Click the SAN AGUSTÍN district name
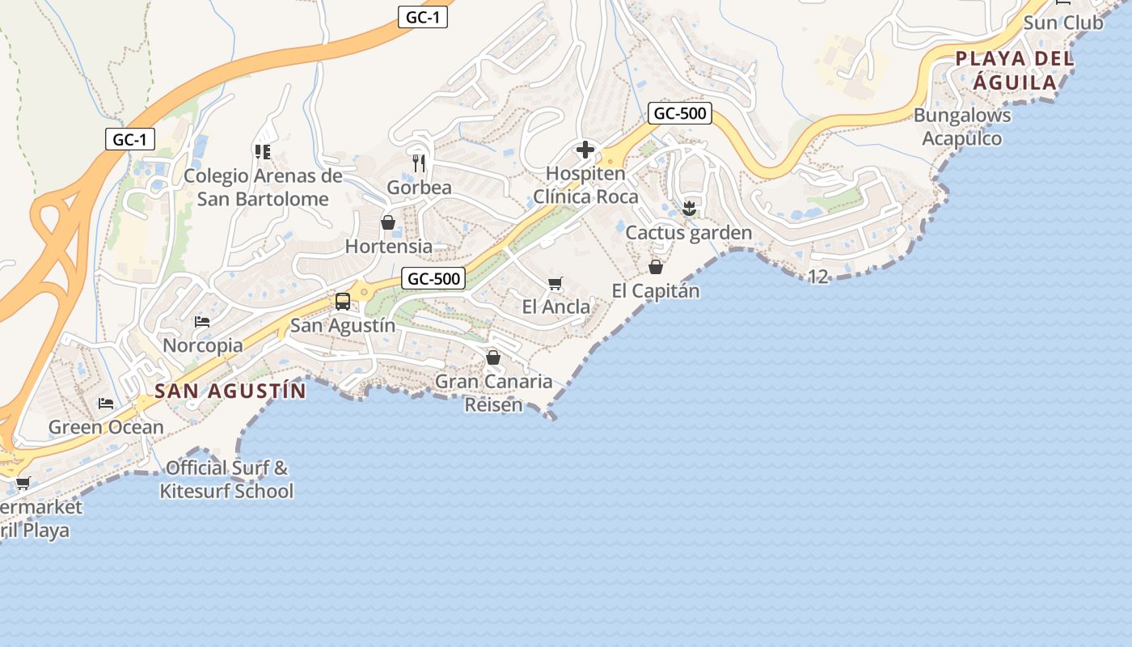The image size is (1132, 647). pos(230,391)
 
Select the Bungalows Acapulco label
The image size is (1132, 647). pos(962,127)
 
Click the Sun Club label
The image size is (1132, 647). pos(1062,23)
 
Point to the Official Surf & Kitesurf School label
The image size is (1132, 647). pos(226,480)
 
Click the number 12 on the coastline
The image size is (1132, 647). pos(818,277)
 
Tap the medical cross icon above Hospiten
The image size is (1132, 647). pos(585,150)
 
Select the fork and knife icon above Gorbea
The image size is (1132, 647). pos(419,163)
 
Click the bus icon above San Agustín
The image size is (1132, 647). pos(343,302)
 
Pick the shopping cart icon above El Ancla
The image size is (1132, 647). pos(555,283)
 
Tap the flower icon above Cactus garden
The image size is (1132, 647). pos(689,209)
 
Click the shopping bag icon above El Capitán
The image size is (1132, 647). pos(656,266)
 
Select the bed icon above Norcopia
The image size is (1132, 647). pos(202,322)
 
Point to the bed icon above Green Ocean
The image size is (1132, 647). pos(106,403)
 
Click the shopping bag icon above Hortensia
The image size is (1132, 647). pos(388,222)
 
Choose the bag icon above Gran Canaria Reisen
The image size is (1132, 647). pos(493,357)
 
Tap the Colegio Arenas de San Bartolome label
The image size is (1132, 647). pos(263,188)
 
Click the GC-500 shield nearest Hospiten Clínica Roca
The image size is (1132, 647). pos(680,113)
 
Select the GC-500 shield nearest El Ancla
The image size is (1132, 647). pos(434,279)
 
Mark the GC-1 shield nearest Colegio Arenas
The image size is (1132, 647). pos(129,139)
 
